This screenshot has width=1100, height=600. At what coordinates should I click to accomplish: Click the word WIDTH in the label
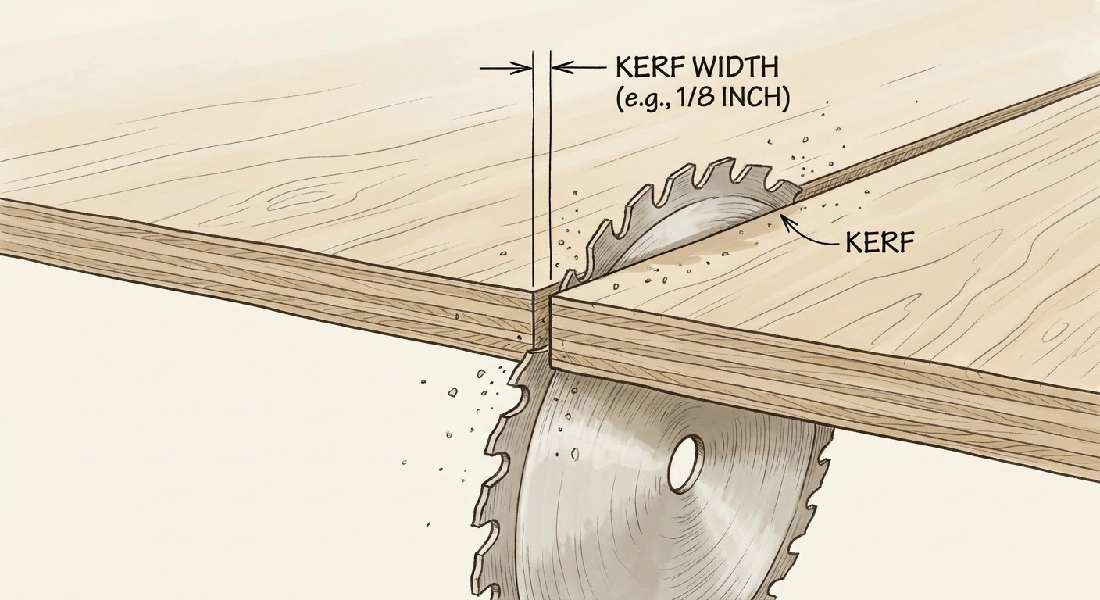coord(736,68)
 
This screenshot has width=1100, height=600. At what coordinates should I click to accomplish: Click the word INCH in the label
coord(751,100)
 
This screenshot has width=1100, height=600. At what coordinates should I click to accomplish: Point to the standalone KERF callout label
coord(880,242)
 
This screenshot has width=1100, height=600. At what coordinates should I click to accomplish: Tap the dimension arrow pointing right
coord(505,69)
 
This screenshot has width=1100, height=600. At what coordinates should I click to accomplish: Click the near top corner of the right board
coord(552,295)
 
